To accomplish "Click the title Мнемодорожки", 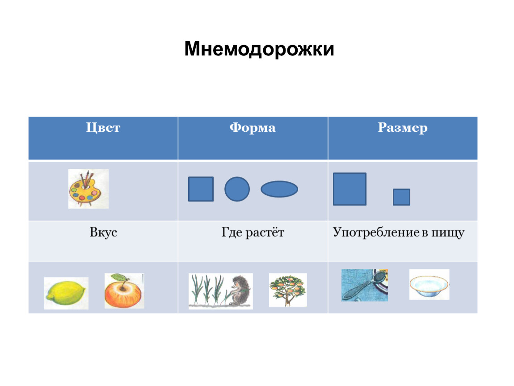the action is pyautogui.click(x=259, y=49).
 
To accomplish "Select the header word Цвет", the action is pyautogui.click(x=103, y=127).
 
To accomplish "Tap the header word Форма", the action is pyautogui.click(x=253, y=127).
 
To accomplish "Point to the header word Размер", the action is pyautogui.click(x=403, y=128).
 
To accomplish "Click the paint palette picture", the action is pyautogui.click(x=88, y=189).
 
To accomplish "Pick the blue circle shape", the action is pyautogui.click(x=237, y=189).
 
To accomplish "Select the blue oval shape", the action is pyautogui.click(x=279, y=189).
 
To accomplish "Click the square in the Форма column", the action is pyautogui.click(x=201, y=189).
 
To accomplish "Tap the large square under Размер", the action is pyautogui.click(x=350, y=189).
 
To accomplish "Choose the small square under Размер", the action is pyautogui.click(x=401, y=197).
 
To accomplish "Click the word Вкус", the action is pyautogui.click(x=103, y=232).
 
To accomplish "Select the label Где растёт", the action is pyautogui.click(x=253, y=232).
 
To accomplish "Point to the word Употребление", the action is pyautogui.click(x=376, y=232).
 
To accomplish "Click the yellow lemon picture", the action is pyautogui.click(x=66, y=292).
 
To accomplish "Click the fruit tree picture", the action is pyautogui.click(x=288, y=290).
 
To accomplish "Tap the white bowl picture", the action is pyautogui.click(x=429, y=285).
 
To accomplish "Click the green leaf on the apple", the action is pyautogui.click(x=121, y=277).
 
